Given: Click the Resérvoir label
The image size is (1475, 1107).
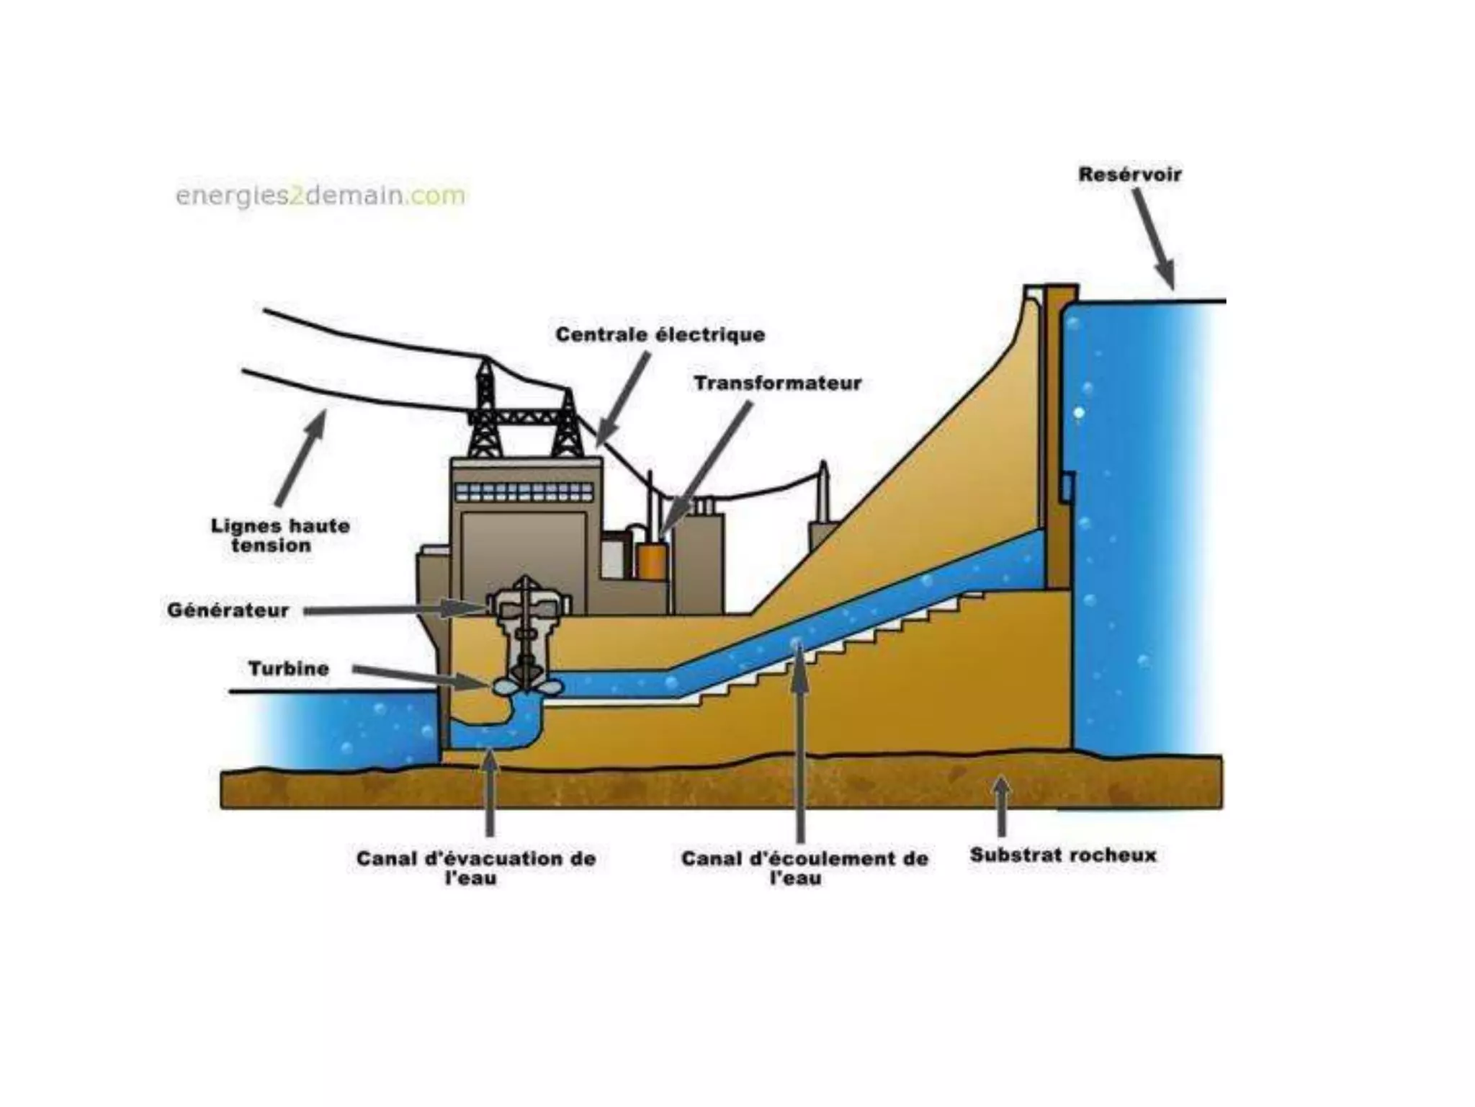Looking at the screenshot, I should click(x=1129, y=174).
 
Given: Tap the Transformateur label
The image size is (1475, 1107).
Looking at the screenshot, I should click(x=778, y=383).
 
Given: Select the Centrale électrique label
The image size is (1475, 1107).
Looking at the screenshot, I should click(x=660, y=334).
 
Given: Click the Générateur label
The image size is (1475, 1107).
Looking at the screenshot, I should click(x=228, y=610).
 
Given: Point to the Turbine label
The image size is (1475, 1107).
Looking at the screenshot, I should click(x=289, y=669).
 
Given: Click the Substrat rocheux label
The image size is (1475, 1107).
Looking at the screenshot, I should click(x=1063, y=855).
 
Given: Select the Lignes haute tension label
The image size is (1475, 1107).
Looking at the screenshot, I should click(x=279, y=535).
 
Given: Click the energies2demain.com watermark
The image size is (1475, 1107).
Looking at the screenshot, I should click(x=320, y=195).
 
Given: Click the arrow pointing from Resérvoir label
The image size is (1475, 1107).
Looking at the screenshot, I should click(x=1154, y=238).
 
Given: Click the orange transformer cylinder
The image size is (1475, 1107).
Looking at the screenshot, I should click(x=652, y=561).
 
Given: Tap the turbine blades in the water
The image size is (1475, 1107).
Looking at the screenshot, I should click(x=527, y=686).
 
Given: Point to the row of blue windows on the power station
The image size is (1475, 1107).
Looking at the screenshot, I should click(x=525, y=492).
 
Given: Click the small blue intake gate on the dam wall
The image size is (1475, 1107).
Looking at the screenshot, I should click(x=1067, y=487).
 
